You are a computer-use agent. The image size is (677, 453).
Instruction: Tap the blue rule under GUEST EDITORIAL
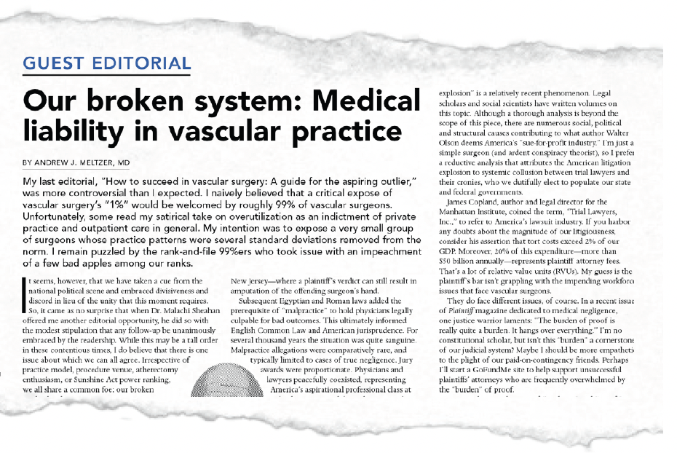pyautogui.click(x=106, y=75)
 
